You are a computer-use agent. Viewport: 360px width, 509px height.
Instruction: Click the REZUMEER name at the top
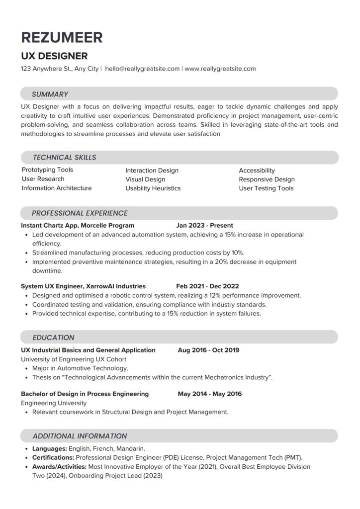(62, 37)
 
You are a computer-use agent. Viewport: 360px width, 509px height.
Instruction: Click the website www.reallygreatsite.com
(220, 69)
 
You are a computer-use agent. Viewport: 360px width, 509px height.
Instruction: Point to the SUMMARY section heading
(50, 94)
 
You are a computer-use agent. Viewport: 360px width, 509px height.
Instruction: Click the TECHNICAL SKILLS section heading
(64, 158)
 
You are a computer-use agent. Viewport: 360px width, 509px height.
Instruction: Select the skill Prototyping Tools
(47, 170)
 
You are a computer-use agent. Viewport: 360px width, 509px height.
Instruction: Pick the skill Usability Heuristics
(153, 188)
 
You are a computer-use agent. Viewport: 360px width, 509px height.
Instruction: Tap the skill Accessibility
(257, 170)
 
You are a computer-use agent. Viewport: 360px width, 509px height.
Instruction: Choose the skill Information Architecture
(57, 188)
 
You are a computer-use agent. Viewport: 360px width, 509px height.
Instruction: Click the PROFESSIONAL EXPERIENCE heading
(80, 213)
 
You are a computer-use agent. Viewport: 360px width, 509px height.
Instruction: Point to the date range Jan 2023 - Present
(204, 225)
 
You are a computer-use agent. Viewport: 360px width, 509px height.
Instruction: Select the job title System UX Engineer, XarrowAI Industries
(83, 286)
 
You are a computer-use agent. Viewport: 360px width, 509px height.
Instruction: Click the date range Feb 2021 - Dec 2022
(207, 286)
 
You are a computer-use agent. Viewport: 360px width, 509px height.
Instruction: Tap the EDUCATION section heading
(53, 338)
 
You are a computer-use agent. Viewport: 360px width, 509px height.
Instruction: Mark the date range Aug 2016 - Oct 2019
(208, 350)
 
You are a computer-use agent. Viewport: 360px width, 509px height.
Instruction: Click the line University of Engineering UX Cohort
(74, 359)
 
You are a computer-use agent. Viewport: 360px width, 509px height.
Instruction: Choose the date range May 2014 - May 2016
(209, 394)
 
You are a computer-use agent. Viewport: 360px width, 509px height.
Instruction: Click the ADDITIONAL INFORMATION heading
(80, 436)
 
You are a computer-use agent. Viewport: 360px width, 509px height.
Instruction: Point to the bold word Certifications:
(53, 457)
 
